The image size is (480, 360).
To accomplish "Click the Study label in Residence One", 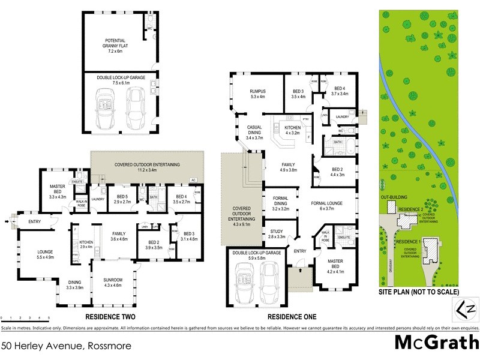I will [x=277, y=233].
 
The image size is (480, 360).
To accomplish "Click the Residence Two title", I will [x=110, y=317].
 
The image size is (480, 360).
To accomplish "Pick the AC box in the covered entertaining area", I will [x=193, y=180].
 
